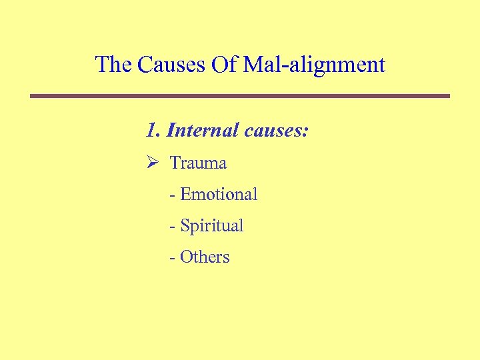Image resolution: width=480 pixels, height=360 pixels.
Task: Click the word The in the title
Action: click(x=114, y=65)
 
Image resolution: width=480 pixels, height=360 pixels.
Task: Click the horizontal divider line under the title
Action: click(x=240, y=96)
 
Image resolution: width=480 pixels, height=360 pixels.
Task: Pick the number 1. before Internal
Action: click(x=153, y=129)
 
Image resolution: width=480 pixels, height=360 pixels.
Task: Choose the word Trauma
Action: click(x=198, y=163)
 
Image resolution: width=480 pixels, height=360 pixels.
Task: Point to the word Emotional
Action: click(x=219, y=194)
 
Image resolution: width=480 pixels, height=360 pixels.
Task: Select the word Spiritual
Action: click(x=212, y=226)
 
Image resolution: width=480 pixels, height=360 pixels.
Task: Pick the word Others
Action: click(x=205, y=257)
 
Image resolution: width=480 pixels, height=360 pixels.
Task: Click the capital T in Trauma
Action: click(x=175, y=163)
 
